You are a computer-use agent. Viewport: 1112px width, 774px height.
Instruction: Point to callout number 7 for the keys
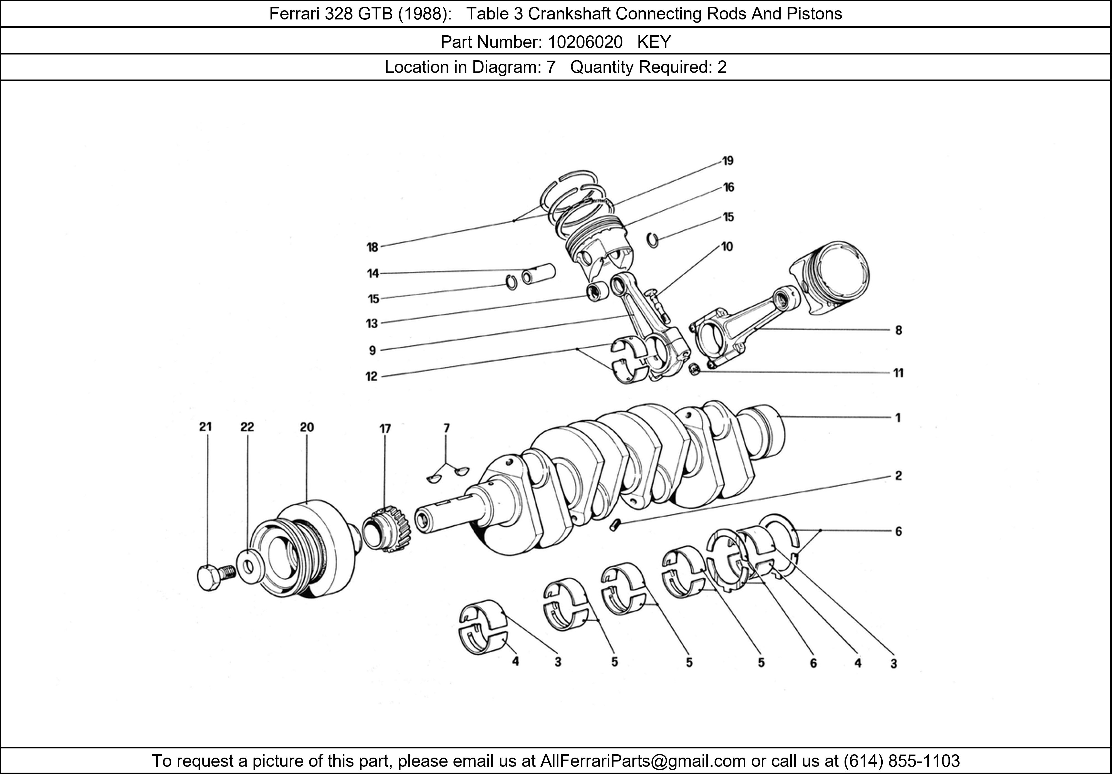[x=446, y=428]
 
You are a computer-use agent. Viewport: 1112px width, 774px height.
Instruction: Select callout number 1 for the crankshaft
[x=898, y=418]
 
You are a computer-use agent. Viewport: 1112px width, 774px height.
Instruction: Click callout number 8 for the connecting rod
[x=898, y=330]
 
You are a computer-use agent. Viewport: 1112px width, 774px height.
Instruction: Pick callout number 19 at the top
[x=728, y=161]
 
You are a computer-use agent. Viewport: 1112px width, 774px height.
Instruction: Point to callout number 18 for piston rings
[x=372, y=247]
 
